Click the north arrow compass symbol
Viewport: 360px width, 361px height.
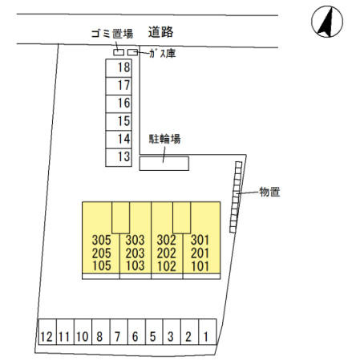[x=327, y=22]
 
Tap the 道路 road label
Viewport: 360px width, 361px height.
[x=160, y=32]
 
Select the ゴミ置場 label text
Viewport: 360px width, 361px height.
[x=112, y=34]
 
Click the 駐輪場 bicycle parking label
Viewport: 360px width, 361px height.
[x=164, y=139]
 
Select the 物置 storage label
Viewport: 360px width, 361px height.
[x=269, y=192]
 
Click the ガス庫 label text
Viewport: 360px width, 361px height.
[x=163, y=54]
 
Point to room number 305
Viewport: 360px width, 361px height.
[x=101, y=240]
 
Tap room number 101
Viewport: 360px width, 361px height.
[x=200, y=266]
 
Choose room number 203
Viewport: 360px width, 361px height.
[x=135, y=253]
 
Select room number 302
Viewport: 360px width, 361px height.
[x=166, y=240]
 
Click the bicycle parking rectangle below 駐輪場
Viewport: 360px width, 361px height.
[x=164, y=163]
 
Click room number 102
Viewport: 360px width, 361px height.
[x=166, y=266]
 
